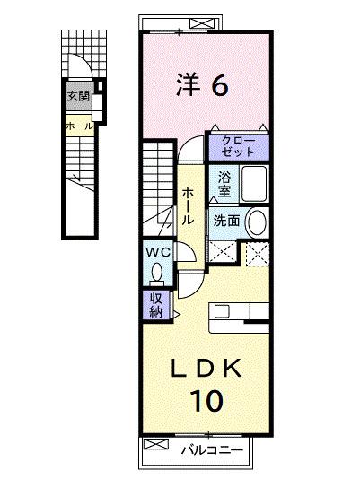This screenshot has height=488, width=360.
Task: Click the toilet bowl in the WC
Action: point(159,273)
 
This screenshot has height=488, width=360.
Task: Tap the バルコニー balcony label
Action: point(211,449)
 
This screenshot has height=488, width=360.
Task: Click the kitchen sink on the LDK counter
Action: point(224,312)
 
